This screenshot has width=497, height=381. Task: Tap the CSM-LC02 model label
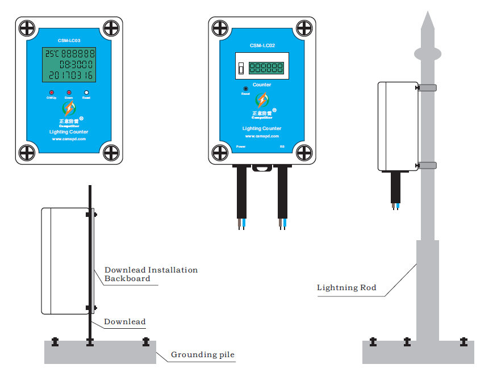(262, 45)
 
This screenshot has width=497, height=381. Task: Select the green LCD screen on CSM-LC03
(69, 65)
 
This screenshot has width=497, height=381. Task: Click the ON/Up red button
(51, 93)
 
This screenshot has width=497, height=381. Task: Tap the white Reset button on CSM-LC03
(86, 93)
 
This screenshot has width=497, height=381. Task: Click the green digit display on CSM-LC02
(267, 68)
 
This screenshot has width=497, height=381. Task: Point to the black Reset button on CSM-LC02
(245, 89)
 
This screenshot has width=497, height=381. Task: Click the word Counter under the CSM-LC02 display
(262, 85)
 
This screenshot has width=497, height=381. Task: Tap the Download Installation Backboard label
(151, 274)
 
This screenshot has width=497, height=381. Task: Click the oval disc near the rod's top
(427, 53)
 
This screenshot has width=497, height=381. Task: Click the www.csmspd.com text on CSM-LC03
(69, 139)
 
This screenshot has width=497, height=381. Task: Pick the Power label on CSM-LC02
(241, 146)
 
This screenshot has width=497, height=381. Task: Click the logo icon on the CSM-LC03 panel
(69, 108)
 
